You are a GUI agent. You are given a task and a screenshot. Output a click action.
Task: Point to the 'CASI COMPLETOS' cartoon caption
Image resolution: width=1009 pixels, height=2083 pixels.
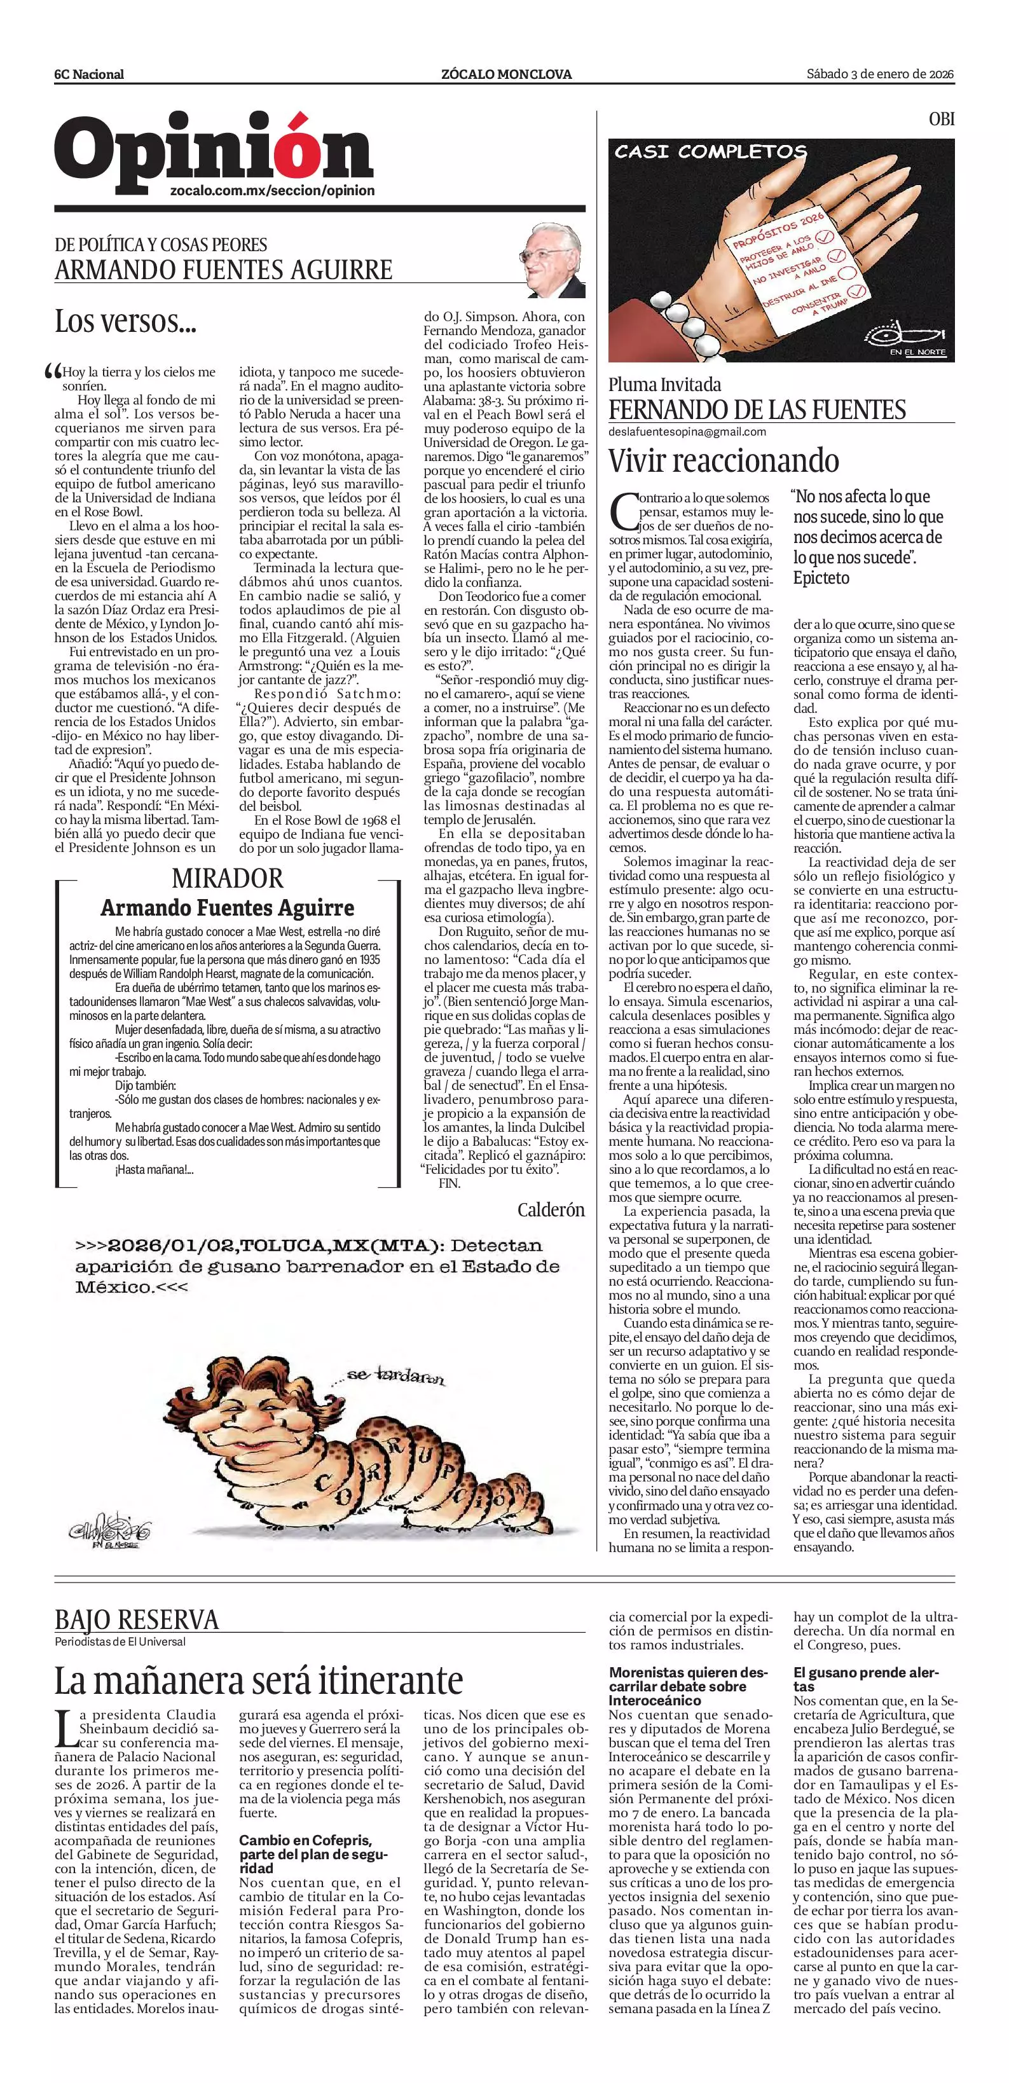pos(710,151)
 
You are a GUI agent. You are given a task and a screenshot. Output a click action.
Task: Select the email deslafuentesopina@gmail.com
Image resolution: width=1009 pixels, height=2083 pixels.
pos(687,432)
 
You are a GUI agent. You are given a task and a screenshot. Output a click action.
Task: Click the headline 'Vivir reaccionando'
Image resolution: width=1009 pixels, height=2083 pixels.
pos(724,461)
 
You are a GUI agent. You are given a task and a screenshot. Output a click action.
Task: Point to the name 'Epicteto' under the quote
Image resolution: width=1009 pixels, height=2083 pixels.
pos(821,578)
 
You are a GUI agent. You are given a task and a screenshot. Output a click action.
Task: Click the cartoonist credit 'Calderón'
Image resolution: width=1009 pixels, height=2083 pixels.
pos(551,1211)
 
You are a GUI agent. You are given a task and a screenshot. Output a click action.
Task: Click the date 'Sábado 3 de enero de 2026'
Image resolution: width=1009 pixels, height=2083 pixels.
pos(881,74)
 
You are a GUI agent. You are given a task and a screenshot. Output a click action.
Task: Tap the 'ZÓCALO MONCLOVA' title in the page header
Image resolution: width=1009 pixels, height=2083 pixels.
pos(506,74)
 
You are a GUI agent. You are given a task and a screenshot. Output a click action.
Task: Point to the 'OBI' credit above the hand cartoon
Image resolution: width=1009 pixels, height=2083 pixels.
pos(941,119)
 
